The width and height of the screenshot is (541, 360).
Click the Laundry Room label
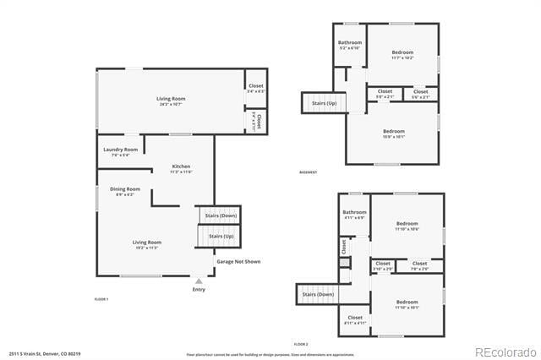[x=120, y=150]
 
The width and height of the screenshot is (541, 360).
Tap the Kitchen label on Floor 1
[x=181, y=166]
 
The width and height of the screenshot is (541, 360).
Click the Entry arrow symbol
[x=199, y=281]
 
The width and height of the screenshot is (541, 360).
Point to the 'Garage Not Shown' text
[x=238, y=262]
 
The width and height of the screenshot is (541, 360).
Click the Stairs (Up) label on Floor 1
[x=221, y=236]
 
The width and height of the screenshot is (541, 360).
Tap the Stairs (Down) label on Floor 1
[x=221, y=215]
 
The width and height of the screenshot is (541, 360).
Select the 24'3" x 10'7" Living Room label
[x=169, y=100]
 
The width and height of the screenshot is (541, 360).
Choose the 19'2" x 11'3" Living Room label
[x=146, y=243]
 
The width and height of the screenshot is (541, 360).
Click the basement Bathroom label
[x=350, y=42]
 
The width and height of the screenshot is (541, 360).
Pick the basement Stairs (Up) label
[x=324, y=102]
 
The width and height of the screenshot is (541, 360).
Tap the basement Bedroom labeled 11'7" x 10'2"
[x=402, y=52]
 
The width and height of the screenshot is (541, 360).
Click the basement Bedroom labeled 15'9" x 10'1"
[x=394, y=131]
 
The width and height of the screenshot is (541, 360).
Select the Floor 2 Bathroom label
[x=354, y=212]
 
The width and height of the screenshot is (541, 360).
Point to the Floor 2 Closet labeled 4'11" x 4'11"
[x=355, y=318]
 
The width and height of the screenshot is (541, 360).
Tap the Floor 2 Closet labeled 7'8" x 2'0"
[x=420, y=264]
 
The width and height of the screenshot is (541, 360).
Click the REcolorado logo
[x=505, y=352]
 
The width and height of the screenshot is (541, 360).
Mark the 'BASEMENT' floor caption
[x=309, y=172]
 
